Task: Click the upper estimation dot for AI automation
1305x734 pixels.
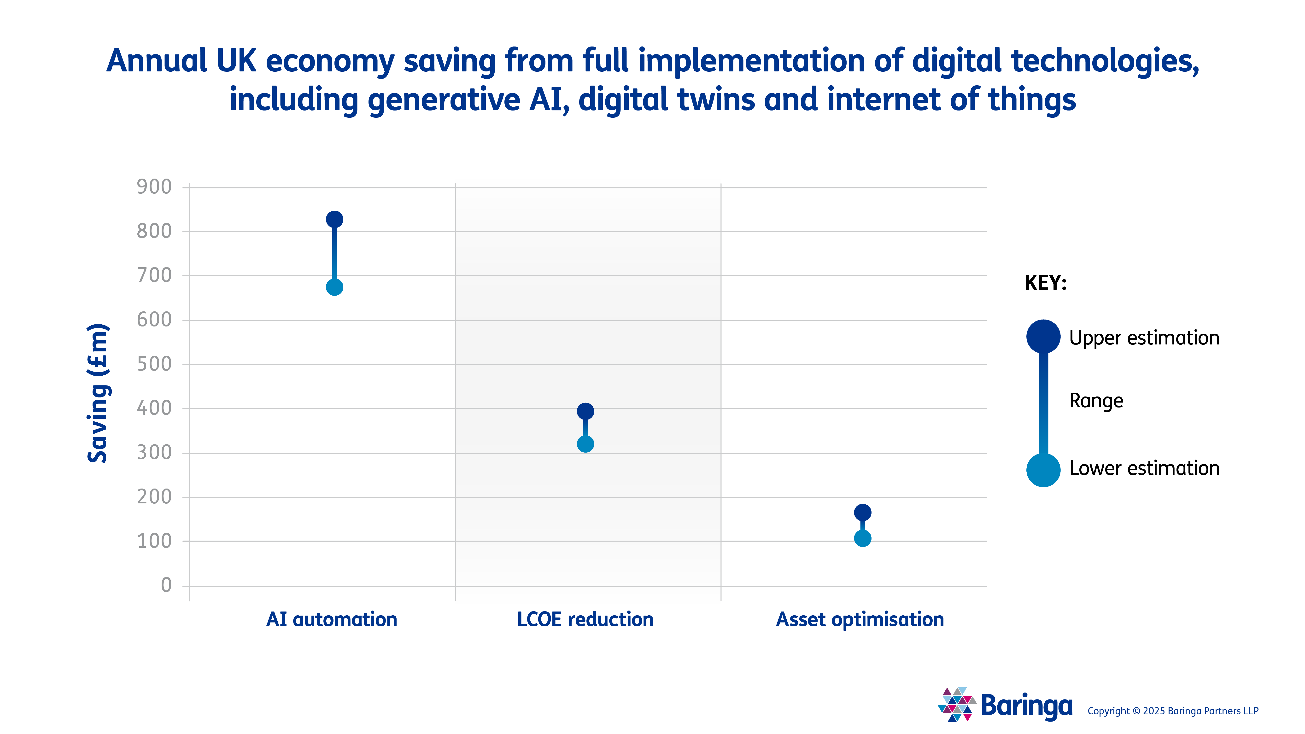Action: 334,219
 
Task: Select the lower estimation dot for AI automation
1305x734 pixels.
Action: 334,287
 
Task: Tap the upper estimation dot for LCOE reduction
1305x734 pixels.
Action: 585,411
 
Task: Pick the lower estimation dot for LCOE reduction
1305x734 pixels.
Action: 585,444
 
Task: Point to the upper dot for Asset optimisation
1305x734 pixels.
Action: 862,512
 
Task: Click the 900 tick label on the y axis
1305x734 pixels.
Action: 154,187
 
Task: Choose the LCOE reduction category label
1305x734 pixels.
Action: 585,619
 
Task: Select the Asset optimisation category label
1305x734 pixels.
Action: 860,619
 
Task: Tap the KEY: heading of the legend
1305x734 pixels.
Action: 1045,283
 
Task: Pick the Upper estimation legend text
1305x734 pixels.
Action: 1144,338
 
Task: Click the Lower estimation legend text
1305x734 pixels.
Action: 1144,468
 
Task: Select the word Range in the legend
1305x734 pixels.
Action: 1096,400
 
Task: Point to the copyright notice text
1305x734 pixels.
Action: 1173,711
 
